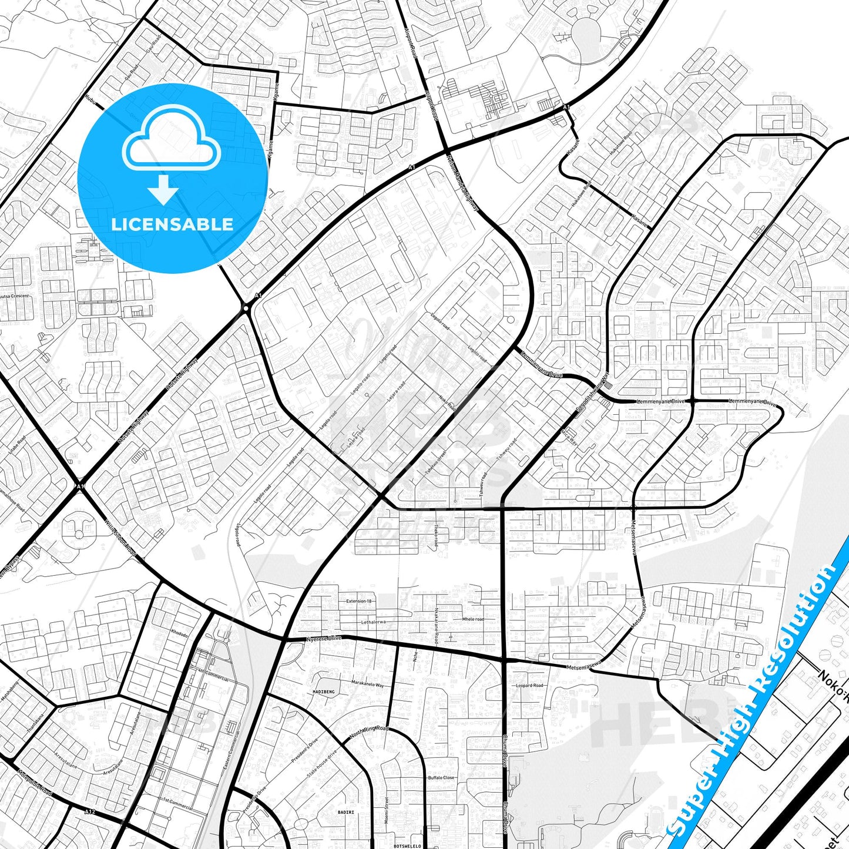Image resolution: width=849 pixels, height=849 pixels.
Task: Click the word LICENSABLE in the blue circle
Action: click(x=172, y=224)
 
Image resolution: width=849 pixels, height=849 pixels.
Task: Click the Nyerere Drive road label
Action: click(x=324, y=638)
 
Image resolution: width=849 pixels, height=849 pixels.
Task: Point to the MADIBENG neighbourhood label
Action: click(x=324, y=692)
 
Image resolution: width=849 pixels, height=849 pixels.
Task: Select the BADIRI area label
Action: click(x=346, y=813)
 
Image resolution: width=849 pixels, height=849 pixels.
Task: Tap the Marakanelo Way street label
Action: click(x=367, y=684)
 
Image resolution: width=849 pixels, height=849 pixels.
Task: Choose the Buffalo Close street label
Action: click(x=441, y=777)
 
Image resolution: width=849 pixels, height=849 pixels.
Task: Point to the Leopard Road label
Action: click(x=529, y=685)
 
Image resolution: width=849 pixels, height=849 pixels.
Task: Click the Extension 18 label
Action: click(x=359, y=601)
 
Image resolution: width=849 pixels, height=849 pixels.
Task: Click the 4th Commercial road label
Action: click(x=213, y=677)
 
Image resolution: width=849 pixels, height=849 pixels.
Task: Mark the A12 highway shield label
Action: click(x=89, y=812)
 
